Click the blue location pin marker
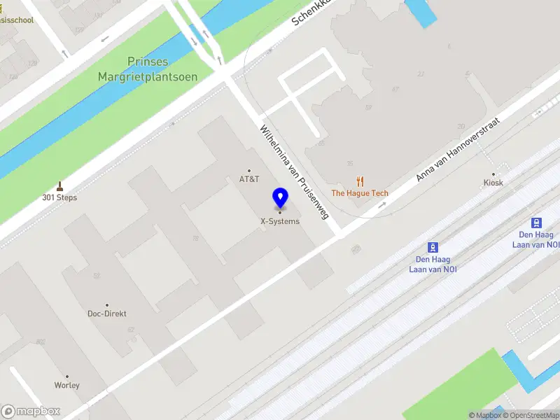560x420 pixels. [280, 197]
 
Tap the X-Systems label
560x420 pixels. [280, 221]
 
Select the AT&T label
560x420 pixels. [249, 179]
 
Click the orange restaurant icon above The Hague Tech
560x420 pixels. [360, 181]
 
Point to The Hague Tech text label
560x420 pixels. [360, 193]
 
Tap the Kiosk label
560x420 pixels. [493, 183]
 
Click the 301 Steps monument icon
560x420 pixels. [59, 186]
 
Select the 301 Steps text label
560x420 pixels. [59, 197]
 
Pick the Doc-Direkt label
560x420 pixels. [107, 314]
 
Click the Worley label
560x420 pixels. [67, 385]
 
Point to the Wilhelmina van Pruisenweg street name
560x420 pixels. [294, 172]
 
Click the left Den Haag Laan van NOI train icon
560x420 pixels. [433, 247]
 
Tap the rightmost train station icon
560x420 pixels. [537, 223]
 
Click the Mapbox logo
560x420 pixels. [31, 412]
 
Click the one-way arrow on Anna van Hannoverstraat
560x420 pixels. [382, 205]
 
